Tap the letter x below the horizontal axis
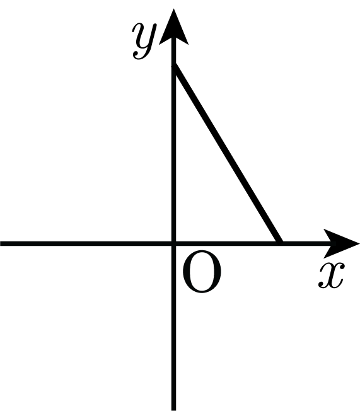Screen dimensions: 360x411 click(332, 275)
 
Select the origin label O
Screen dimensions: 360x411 click(202, 271)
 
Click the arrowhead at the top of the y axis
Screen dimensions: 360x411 click(173, 29)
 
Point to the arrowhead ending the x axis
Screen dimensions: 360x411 click(340, 243)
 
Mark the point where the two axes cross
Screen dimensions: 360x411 click(173, 243)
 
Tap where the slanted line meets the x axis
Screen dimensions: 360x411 click(280, 243)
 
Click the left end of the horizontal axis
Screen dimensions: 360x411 click(1, 243)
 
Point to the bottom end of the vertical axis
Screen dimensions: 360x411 click(173, 410)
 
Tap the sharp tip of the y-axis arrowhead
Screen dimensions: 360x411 click(173, 9)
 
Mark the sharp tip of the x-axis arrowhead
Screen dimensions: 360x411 click(359, 243)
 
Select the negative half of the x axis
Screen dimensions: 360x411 click(86, 243)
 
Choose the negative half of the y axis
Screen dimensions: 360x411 click(173, 328)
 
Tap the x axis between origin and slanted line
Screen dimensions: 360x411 click(226, 243)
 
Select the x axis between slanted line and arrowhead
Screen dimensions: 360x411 click(304, 243)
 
